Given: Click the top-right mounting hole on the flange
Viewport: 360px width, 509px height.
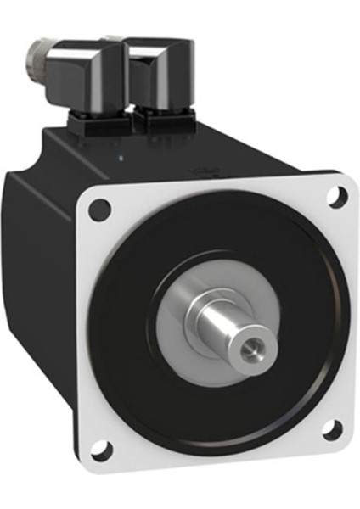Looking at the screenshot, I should tap(338, 195).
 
